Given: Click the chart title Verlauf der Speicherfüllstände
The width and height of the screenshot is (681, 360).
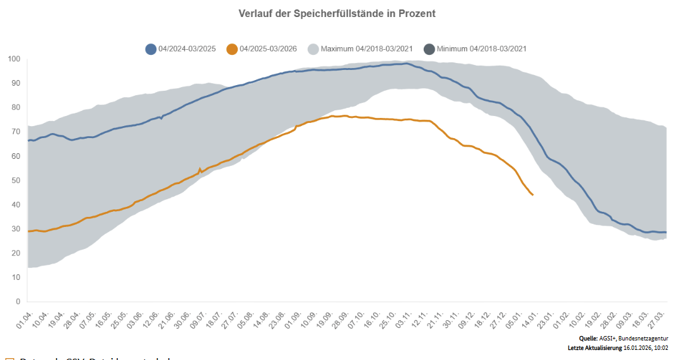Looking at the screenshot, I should [x=337, y=13].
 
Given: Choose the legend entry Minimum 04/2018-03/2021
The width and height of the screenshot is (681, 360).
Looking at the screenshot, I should [x=482, y=49].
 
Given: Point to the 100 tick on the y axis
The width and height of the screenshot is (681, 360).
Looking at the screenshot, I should [x=15, y=59].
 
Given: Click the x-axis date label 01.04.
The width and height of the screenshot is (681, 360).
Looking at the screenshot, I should [x=23, y=316].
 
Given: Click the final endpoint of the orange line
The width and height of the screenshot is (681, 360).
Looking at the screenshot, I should [x=533, y=195].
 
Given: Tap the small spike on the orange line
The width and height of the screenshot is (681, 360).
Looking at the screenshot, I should [x=200, y=169].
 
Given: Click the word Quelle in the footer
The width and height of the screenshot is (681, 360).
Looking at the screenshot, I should [x=588, y=339].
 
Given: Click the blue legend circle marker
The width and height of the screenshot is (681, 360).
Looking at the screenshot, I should [x=151, y=49].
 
